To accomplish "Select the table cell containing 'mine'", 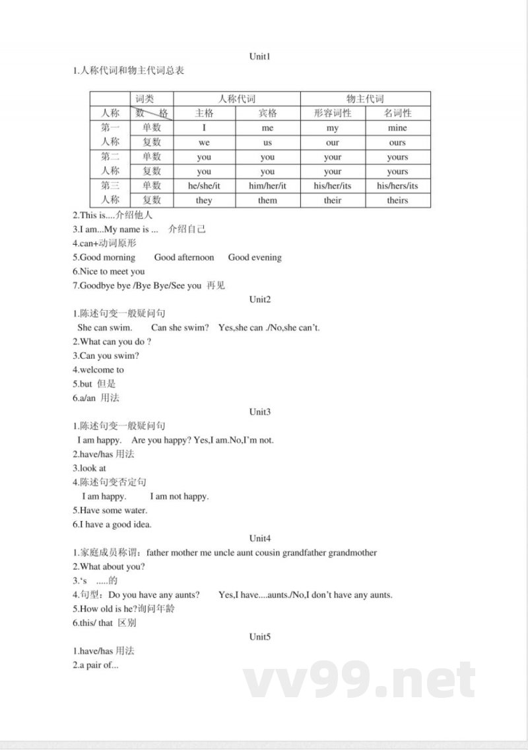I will coord(397,128).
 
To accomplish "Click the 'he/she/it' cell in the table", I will coord(204,186).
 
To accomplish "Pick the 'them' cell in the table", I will coord(267,201).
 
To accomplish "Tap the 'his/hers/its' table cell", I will coord(397,186).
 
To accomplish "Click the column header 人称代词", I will coord(236,98).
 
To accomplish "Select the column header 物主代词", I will coord(365,98).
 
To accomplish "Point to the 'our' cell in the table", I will coord(333,142).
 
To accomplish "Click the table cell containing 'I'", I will coord(204,128).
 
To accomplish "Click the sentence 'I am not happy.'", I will coord(179,496).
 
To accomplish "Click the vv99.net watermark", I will coord(359,681).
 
